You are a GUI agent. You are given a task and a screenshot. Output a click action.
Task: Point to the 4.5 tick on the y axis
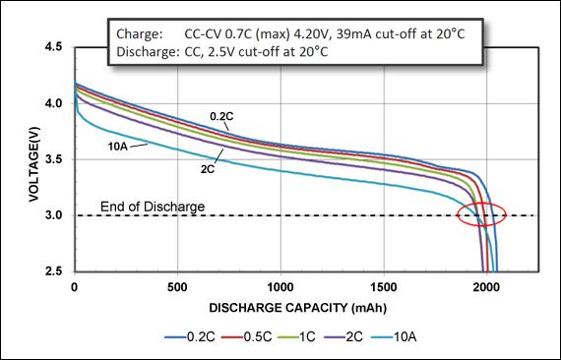pos(56,47)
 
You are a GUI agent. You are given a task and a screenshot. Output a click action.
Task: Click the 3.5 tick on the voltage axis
pos(56,159)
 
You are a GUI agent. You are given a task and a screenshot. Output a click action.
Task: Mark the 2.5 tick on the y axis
pos(56,271)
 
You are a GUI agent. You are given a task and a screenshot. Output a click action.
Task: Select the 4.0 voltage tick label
pos(56,103)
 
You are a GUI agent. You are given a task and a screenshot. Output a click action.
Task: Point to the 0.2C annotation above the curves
pos(221,116)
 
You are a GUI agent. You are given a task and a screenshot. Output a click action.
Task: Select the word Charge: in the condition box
pos(137,33)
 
